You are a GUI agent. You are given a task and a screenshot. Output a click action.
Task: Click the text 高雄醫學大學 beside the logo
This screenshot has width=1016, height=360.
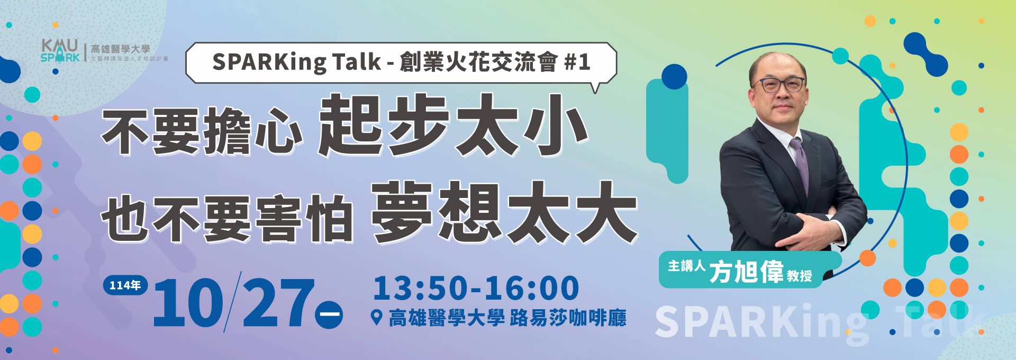(x=121, y=49)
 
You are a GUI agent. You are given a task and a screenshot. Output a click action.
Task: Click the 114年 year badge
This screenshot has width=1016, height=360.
(x=125, y=285)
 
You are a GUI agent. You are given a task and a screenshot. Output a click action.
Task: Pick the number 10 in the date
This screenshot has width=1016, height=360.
(x=187, y=303)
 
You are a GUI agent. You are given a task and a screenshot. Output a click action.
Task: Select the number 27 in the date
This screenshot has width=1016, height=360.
(x=275, y=303)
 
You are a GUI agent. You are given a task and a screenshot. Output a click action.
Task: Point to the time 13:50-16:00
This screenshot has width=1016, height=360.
(x=476, y=288)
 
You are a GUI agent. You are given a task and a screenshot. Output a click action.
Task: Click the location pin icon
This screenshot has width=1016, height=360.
(x=377, y=318)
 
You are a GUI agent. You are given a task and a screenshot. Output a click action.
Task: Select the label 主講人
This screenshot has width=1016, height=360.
(x=687, y=266)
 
